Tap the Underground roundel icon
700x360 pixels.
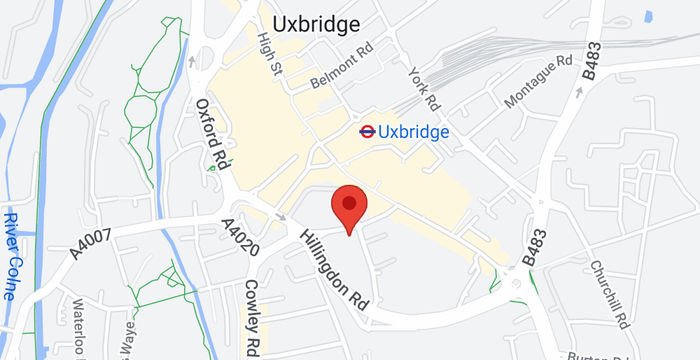pyautogui.click(x=366, y=131)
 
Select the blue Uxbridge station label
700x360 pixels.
pyautogui.click(x=413, y=131)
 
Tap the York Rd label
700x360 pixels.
pyautogui.click(x=424, y=87)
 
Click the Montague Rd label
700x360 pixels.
pyautogui.click(x=537, y=81)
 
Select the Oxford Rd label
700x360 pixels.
pyautogui.click(x=213, y=132)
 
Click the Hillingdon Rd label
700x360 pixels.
pyautogui.click(x=334, y=272)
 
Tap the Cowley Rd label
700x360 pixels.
pyautogui.click(x=253, y=318)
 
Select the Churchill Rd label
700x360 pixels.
pyautogui.click(x=610, y=295)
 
